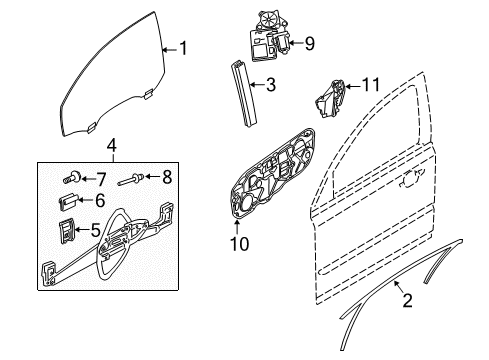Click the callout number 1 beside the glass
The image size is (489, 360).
[183, 48]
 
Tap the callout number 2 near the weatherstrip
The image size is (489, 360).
[407, 300]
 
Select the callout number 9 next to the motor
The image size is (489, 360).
[309, 43]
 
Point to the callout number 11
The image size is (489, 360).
[371, 85]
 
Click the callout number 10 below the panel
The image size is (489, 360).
[239, 244]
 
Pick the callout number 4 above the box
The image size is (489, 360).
[112, 146]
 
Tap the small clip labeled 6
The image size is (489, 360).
[69, 201]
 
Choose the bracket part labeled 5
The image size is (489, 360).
[66, 230]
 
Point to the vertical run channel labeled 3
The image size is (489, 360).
[244, 94]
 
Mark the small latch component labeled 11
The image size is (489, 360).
[330, 99]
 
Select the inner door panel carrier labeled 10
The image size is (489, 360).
[272, 174]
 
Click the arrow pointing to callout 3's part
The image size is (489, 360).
[257, 85]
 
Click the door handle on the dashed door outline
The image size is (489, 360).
[411, 179]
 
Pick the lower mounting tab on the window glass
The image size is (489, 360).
[91, 127]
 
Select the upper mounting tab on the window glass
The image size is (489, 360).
[148, 93]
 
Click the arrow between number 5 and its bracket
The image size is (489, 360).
[82, 230]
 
